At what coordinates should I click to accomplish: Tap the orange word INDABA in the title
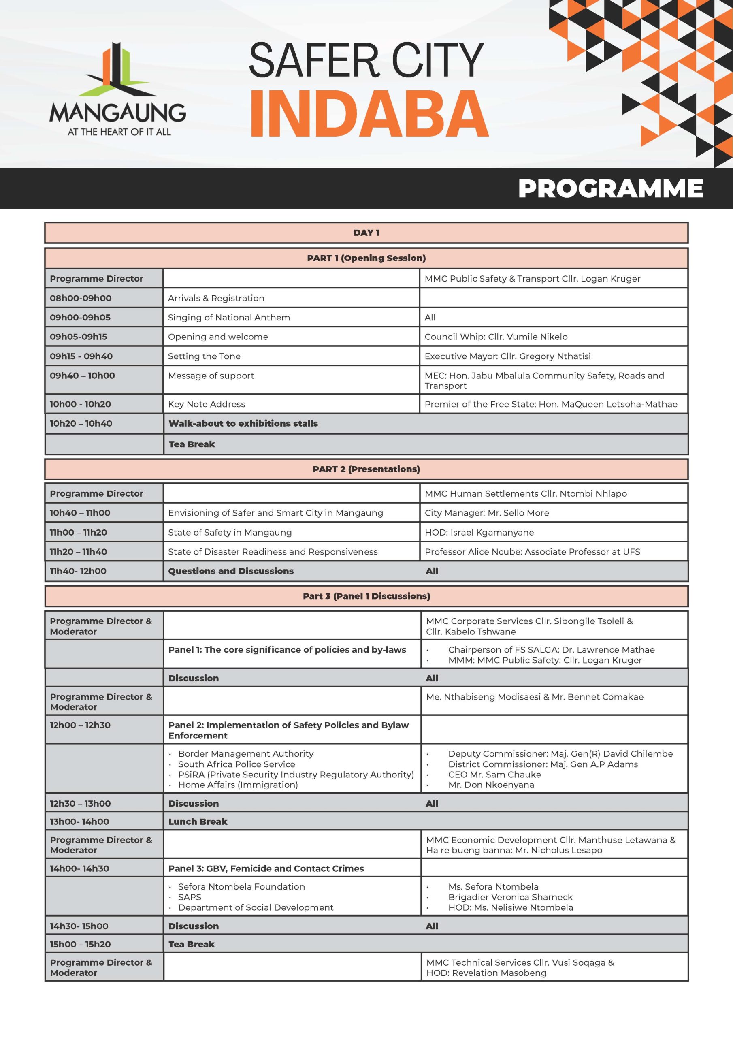(x=368, y=114)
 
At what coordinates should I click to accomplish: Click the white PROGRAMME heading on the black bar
(x=610, y=188)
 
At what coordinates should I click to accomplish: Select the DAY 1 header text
(x=366, y=233)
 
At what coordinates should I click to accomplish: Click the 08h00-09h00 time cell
(x=81, y=298)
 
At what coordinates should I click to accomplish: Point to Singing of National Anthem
(x=228, y=318)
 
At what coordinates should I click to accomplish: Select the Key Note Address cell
(x=207, y=404)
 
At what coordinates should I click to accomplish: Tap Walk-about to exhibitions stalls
(x=243, y=424)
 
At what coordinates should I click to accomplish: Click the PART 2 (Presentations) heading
(x=366, y=469)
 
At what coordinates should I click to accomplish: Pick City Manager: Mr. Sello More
(x=487, y=513)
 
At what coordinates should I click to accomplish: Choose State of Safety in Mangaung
(x=230, y=533)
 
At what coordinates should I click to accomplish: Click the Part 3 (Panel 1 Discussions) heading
(x=366, y=596)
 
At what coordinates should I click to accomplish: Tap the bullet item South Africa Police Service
(x=236, y=764)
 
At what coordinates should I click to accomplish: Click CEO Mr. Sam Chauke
(x=494, y=775)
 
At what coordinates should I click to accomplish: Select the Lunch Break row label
(x=198, y=821)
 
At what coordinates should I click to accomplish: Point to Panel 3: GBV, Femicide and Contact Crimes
(x=266, y=868)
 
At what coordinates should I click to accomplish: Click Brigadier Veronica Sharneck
(x=510, y=897)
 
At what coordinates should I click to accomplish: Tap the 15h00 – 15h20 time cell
(x=79, y=944)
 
